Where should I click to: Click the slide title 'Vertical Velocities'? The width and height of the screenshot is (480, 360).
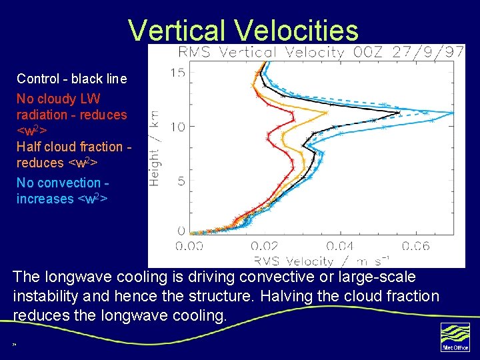click(x=243, y=30)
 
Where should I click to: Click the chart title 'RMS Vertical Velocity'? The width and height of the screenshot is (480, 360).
click(x=261, y=53)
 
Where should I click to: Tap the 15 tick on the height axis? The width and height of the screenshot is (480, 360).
click(x=177, y=72)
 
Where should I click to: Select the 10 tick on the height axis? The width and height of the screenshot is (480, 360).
click(x=177, y=126)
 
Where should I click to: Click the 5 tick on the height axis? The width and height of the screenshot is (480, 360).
click(x=181, y=181)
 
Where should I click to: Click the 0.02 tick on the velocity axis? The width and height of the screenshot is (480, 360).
click(x=265, y=247)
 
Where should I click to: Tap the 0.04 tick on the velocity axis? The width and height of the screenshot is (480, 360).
click(x=341, y=247)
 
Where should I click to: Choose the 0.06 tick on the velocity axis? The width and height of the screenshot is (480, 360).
click(x=416, y=247)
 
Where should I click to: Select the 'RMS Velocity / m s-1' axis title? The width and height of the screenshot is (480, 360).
click(x=321, y=261)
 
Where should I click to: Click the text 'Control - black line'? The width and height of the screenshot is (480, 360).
click(x=71, y=79)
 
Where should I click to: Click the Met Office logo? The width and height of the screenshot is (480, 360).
click(x=455, y=337)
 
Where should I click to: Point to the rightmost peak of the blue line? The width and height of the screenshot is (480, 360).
click(x=453, y=112)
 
